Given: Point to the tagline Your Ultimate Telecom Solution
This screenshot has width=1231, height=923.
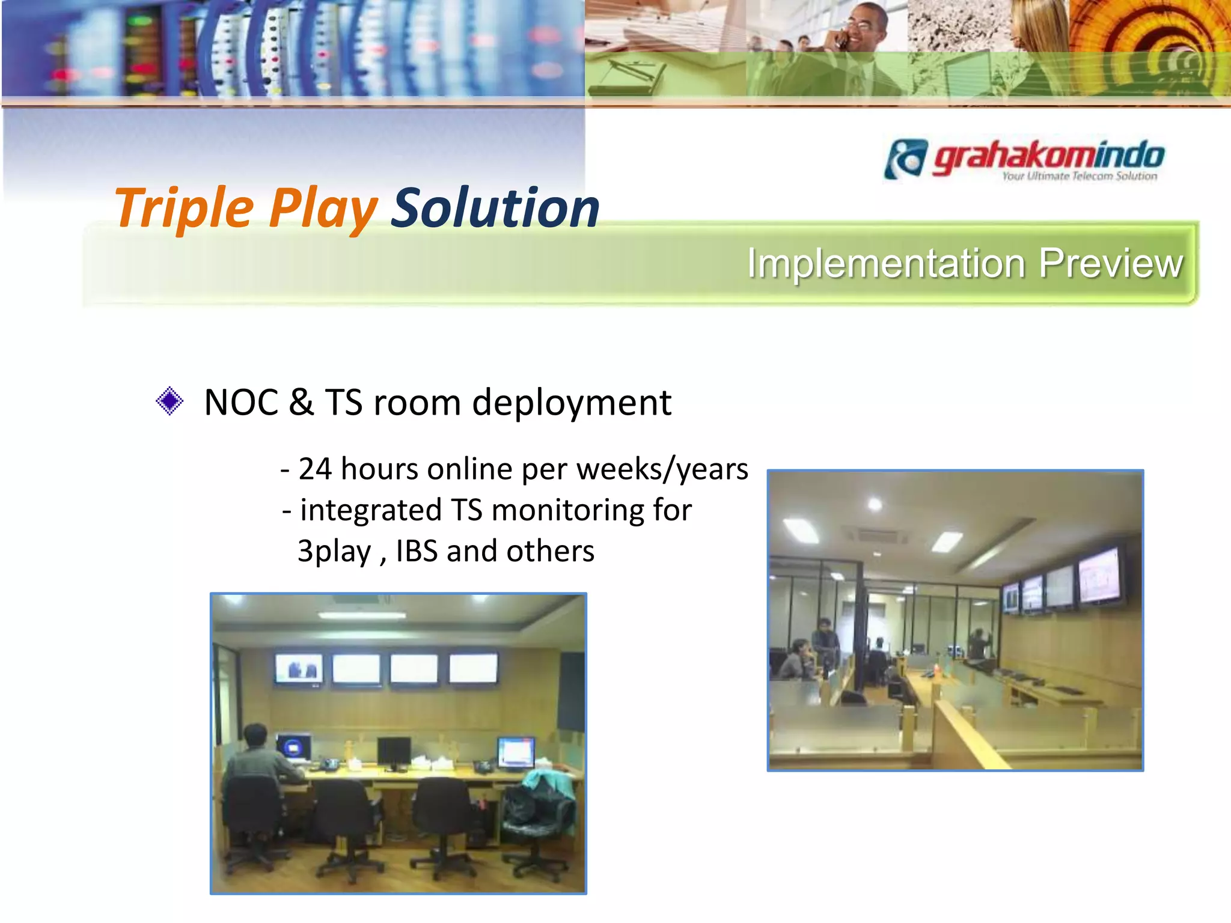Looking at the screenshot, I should [x=1079, y=176].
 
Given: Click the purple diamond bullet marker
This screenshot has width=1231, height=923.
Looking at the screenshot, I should [x=170, y=401].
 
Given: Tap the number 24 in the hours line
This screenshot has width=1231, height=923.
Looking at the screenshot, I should [x=315, y=469].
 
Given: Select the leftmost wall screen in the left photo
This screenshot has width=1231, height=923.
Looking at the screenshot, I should [x=299, y=669].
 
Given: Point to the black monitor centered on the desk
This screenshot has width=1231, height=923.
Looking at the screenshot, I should [x=394, y=751].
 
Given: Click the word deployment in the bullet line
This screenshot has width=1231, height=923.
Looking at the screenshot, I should [x=571, y=402].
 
